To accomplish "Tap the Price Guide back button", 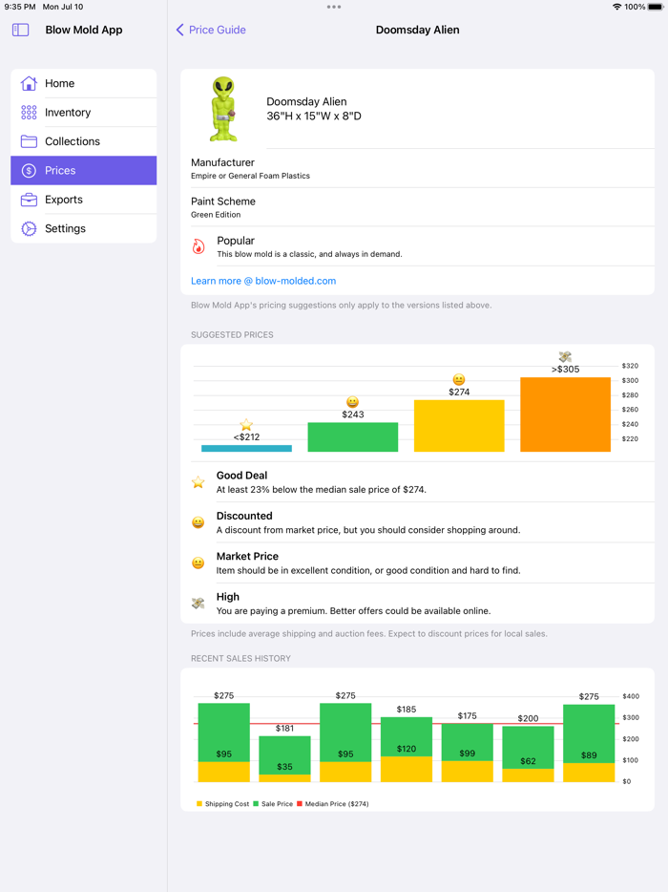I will coord(211,30).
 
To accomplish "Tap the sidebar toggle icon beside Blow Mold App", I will coord(20,30).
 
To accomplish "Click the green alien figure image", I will coord(223,109).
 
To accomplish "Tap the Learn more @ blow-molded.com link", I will coord(263,281).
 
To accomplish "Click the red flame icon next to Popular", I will coord(198,246).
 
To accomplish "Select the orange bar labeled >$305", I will coord(565,414).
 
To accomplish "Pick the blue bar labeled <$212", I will coord(246,448).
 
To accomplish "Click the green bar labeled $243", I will coord(352,436).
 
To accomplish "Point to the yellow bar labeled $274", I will coord(459,426).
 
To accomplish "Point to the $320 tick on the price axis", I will coord(630,366).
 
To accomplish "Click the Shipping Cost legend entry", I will coord(222,804).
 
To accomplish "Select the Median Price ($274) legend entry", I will coord(332,804).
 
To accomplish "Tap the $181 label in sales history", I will coord(284,728).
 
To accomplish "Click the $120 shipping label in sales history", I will coord(407,750).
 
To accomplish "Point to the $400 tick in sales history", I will coord(630,696).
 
